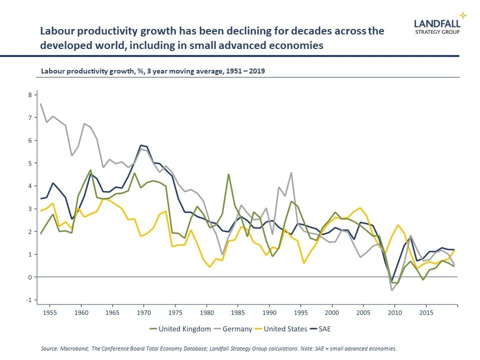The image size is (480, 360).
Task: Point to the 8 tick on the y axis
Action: [x=30, y=95]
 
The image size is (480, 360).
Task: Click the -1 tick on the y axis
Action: [x=29, y=300]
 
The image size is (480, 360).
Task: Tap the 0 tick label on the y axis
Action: [x=30, y=277]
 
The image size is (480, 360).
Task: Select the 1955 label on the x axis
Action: [x=50, y=313]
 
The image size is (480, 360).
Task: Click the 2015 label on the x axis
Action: [x=426, y=313]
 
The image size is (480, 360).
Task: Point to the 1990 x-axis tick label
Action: [x=269, y=313]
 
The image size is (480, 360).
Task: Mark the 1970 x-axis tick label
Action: [x=144, y=313]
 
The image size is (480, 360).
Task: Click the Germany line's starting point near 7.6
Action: [x=40, y=104]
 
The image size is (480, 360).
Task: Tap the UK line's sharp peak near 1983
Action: [x=228, y=174]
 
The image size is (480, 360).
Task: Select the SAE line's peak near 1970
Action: [x=141, y=145]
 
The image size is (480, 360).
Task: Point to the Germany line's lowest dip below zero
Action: [x=392, y=290]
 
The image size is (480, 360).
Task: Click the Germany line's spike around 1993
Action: [x=291, y=173]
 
